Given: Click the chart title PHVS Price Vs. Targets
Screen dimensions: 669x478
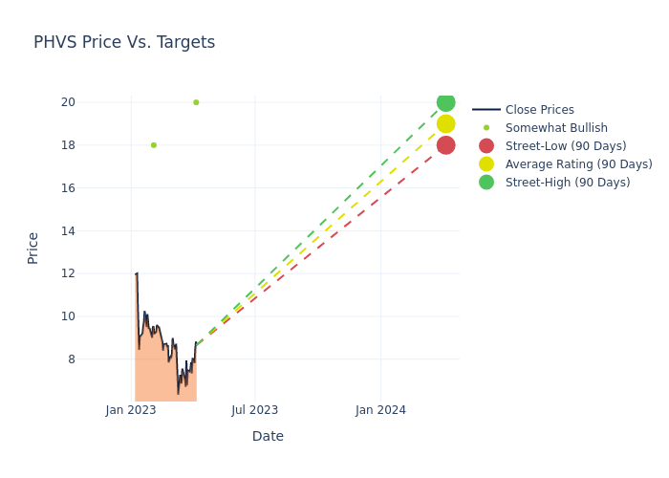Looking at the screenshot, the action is (124, 42).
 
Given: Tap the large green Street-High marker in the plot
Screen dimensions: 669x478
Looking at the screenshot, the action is (446, 102).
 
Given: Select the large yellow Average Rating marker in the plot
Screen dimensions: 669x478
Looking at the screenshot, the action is (446, 123).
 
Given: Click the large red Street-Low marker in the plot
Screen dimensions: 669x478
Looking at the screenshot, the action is (446, 145).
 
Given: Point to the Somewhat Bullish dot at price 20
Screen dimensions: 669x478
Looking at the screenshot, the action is (196, 102).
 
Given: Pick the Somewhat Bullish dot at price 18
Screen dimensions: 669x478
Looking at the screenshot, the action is (154, 145).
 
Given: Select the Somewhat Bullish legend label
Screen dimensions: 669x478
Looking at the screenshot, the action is (556, 127).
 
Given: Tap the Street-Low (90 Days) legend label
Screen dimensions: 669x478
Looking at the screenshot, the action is (566, 146).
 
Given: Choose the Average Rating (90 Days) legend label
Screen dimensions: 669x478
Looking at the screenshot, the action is (579, 164).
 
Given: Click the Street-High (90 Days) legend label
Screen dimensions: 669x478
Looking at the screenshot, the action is (568, 183).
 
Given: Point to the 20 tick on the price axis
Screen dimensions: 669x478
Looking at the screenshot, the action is (68, 102).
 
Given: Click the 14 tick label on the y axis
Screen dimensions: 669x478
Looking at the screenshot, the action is (68, 231).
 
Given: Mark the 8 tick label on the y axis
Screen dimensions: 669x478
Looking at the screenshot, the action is (72, 359).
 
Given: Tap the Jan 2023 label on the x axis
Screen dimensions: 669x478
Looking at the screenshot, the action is (131, 410).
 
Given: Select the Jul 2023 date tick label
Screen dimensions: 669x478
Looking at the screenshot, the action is (255, 410).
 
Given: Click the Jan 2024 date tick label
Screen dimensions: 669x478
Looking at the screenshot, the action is (380, 410).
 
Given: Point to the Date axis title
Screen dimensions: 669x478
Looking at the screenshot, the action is (268, 436).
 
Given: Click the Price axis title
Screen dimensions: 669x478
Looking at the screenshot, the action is (32, 249).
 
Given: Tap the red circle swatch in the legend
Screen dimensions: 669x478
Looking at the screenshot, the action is (486, 146).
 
